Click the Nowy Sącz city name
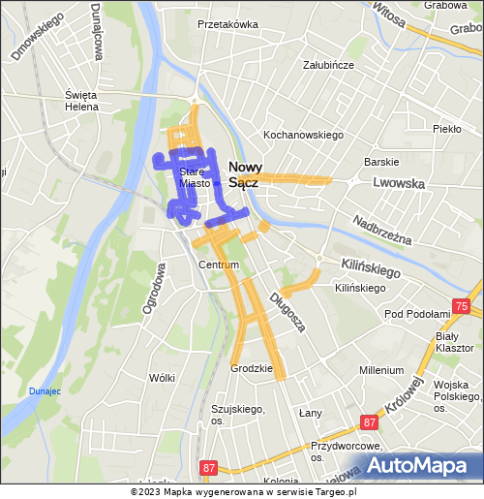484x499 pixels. click(x=244, y=173)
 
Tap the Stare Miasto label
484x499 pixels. click(x=194, y=177)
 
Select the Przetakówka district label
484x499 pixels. click(x=227, y=24)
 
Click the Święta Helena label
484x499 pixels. click(x=81, y=101)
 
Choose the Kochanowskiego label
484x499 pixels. click(x=304, y=135)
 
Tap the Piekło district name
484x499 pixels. click(x=447, y=128)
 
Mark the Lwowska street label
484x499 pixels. click(x=398, y=182)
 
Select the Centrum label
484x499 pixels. click(x=217, y=265)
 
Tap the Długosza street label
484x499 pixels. click(x=287, y=312)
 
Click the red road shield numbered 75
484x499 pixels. click(x=461, y=306)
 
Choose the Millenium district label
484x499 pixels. click(x=380, y=370)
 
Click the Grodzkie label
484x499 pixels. click(x=248, y=368)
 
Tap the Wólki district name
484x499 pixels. click(x=162, y=378)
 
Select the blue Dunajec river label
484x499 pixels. click(x=45, y=390)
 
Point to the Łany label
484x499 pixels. click(x=310, y=413)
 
